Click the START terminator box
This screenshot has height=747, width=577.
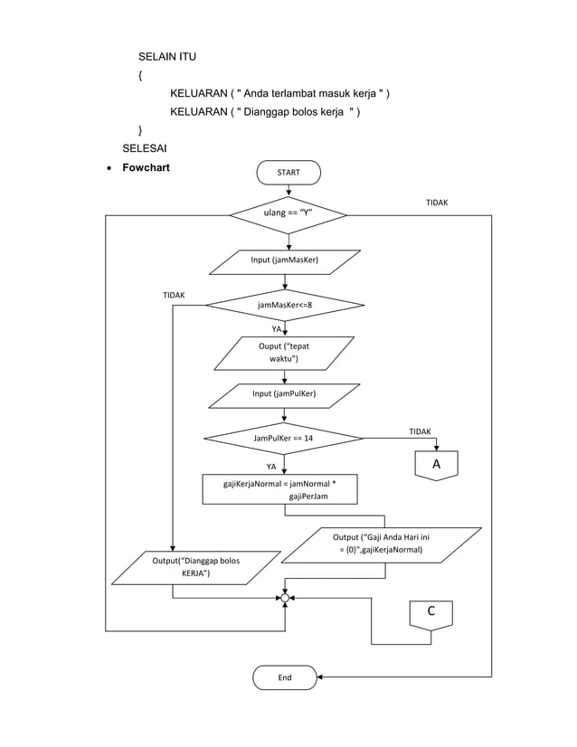pos(288,172)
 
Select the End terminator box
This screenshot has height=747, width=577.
pos(285,676)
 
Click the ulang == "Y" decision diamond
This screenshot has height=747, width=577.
pos(288,215)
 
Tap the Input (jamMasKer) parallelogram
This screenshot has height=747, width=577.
pos(285,261)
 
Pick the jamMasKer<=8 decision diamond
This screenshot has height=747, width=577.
pos(285,305)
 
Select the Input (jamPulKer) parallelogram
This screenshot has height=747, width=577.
pos(284,395)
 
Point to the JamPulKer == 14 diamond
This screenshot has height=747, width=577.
pos(284,439)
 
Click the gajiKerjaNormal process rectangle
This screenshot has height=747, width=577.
pos(280,489)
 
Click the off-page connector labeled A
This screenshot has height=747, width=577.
pos(436,465)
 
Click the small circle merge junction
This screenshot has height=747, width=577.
pos(285,598)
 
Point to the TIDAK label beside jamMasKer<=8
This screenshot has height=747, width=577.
pos(174,296)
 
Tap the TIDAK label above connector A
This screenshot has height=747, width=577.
pos(420,432)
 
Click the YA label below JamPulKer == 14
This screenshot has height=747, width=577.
pos(270,467)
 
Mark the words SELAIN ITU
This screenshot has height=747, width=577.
pos(166,58)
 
